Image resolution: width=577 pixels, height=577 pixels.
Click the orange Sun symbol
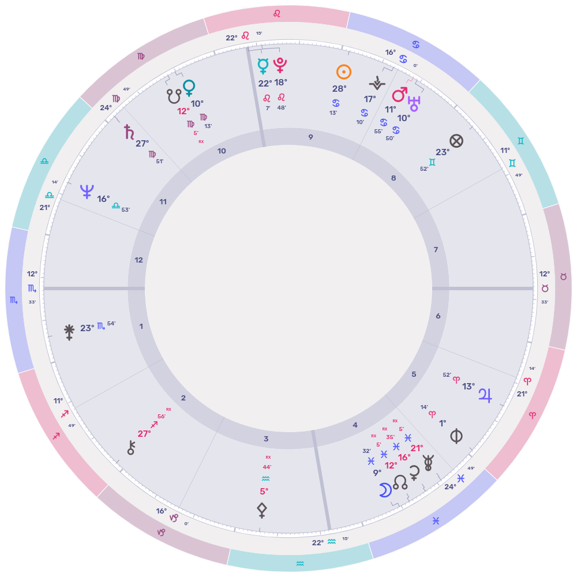pos(343,72)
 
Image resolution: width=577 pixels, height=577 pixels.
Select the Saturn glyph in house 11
pos(129,133)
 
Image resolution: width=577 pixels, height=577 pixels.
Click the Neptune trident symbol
pos(87,192)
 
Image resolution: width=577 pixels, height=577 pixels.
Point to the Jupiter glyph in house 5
pos(485,395)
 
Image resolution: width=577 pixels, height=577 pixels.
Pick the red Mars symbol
pos(399,94)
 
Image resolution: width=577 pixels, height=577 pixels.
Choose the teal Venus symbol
pos(189,88)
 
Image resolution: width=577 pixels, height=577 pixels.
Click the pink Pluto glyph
pos(280,65)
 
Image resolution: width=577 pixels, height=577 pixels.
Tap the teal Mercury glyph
pos(263,66)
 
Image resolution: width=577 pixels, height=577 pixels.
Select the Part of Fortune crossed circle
pos(456,141)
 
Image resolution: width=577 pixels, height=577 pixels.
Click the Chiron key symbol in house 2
pos(131,448)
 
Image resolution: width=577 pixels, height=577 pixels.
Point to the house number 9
pos(311,137)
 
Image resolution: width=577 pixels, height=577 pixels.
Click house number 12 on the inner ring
pos(138,260)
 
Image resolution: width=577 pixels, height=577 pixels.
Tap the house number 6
pos(438,316)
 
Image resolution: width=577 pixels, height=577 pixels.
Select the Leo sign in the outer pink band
pos(277,13)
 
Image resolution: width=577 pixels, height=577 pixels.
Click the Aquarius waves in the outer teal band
pos(300,563)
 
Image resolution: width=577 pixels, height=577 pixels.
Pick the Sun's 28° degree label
pos(339,89)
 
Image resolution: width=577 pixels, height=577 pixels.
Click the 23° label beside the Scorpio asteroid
pos(87,328)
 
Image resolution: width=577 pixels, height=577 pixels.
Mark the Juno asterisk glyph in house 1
pos(69,331)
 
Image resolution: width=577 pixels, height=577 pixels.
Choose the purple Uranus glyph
pos(413,103)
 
